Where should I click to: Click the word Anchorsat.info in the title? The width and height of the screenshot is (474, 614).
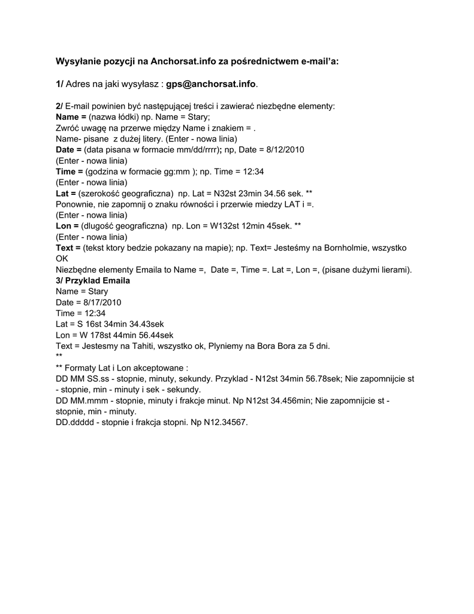coord(179,61)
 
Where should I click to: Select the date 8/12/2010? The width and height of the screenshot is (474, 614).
coord(284,149)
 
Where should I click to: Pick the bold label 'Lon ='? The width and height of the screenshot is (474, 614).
coord(67,225)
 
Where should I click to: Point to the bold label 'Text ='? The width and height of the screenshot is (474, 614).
coord(68,248)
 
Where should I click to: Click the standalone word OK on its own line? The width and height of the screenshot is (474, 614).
coord(62,258)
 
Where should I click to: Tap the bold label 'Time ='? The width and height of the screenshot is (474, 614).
coord(69,171)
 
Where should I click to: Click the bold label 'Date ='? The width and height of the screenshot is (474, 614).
coord(68,149)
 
